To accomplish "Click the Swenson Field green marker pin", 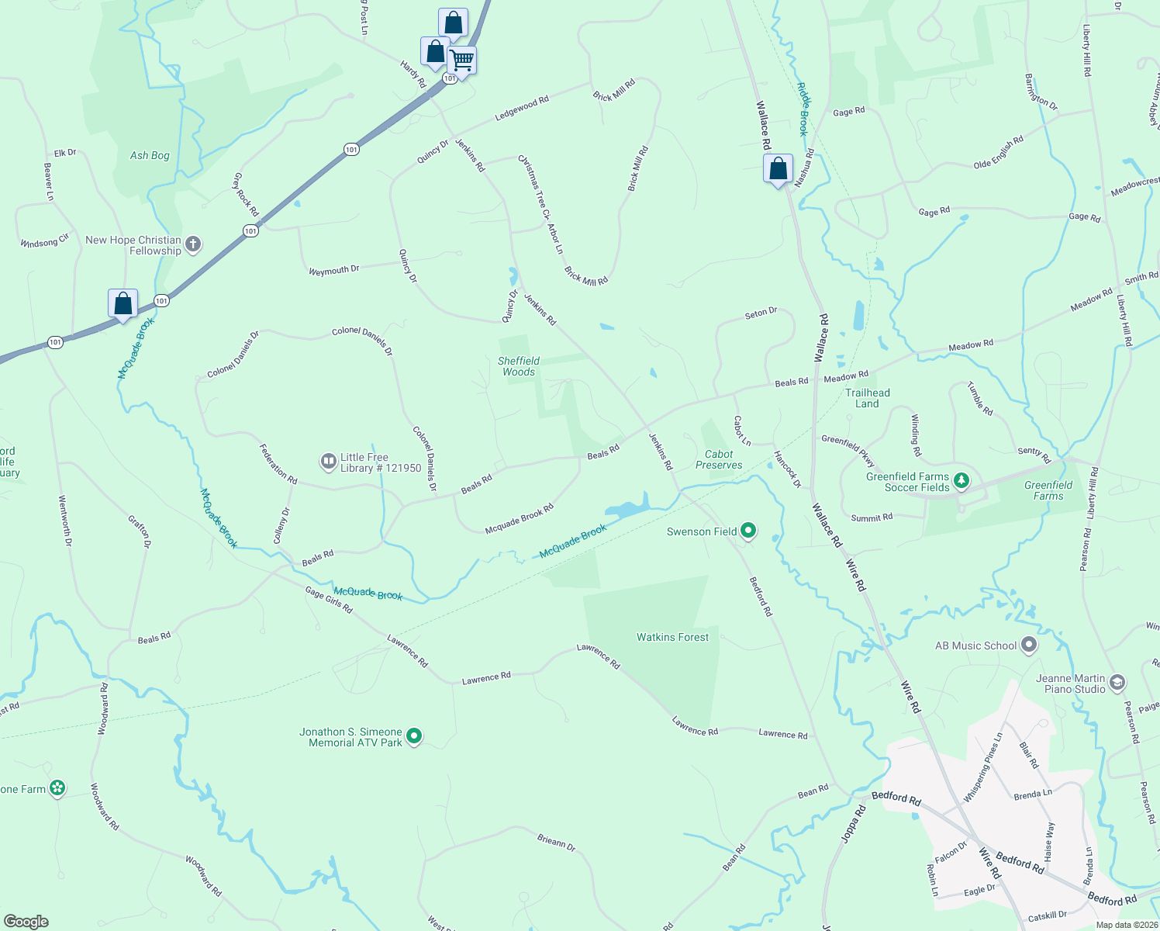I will point(748,531).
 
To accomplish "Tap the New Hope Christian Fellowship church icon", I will point(193,244).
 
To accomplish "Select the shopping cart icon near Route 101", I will point(461,61).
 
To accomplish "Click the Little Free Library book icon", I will point(329,462).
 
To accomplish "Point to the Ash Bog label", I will point(150,155).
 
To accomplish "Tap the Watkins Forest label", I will point(672,637).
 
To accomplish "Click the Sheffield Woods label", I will point(519,366).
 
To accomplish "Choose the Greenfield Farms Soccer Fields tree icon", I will point(961,481).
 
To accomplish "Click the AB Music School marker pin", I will point(1028,645).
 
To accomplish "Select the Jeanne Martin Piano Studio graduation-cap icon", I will point(1117,683).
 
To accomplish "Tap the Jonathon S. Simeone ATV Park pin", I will point(414,735).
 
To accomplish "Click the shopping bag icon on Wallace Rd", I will point(778,169).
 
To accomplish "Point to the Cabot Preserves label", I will point(719,459).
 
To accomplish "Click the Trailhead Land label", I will point(868,398).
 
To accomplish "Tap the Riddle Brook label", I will point(803,109).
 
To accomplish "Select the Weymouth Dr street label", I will point(333,270).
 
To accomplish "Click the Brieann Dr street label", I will point(557,842).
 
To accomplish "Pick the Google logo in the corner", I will point(26,922).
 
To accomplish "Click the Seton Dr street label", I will point(761,313).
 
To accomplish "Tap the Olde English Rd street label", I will point(999,153).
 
